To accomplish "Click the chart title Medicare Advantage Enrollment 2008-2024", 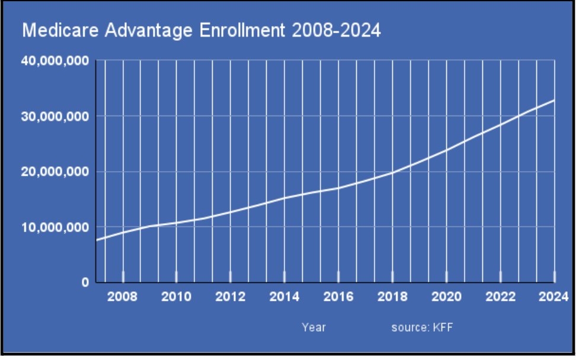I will tap(201, 31).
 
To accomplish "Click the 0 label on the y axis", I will tap(85, 282).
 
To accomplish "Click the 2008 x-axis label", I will tap(123, 297).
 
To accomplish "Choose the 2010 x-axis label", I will tap(177, 297).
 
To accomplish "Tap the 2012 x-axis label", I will tap(231, 297).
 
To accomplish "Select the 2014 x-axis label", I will tap(284, 297).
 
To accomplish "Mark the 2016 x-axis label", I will tap(338, 297).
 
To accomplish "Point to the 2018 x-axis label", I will tap(392, 297).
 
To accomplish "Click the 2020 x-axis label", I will tap(446, 297).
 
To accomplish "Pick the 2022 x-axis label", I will tap(500, 297).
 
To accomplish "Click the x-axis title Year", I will tap(313, 327).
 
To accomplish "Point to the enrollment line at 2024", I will tap(554, 101).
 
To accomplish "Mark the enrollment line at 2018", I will tap(392, 173).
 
